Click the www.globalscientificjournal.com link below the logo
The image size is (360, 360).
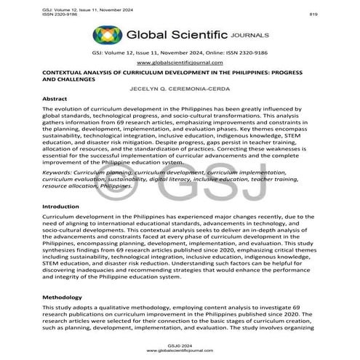[x=180, y=63]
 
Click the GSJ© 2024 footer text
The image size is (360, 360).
[x=180, y=344]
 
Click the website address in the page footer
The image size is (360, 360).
[x=180, y=350]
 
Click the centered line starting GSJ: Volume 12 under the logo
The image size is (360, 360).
[x=180, y=53]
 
